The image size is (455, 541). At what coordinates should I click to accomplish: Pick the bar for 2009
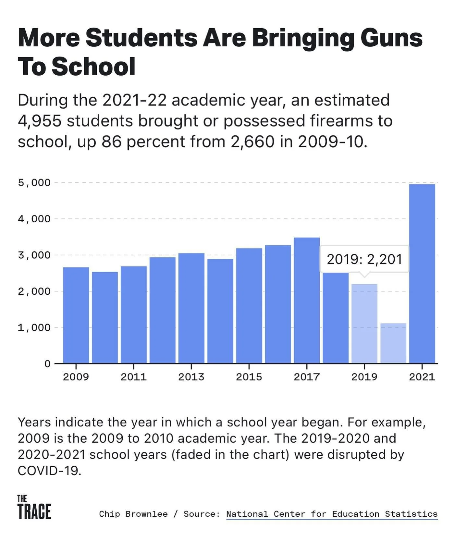[x=76, y=315]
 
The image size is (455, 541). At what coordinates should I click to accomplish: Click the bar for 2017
[x=307, y=300]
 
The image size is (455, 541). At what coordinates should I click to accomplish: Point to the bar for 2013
[x=191, y=308]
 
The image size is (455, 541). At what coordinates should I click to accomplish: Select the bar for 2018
[x=336, y=318]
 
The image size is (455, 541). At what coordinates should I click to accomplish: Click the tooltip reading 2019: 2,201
[x=364, y=259]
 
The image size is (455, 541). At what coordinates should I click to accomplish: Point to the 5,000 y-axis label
[x=34, y=183]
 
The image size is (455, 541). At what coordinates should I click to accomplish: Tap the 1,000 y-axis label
[x=34, y=327]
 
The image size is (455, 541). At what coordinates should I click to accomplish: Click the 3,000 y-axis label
[x=34, y=255]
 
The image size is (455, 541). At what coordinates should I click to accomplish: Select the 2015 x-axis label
[x=249, y=377]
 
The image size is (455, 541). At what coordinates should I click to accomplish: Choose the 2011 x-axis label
[x=133, y=377]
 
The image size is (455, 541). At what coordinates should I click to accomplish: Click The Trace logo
[x=34, y=507]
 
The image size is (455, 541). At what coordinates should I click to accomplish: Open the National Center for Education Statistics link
[x=332, y=514]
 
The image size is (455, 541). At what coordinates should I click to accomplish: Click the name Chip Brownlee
[x=133, y=514]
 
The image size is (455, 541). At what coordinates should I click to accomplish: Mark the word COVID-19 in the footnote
[x=49, y=470]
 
